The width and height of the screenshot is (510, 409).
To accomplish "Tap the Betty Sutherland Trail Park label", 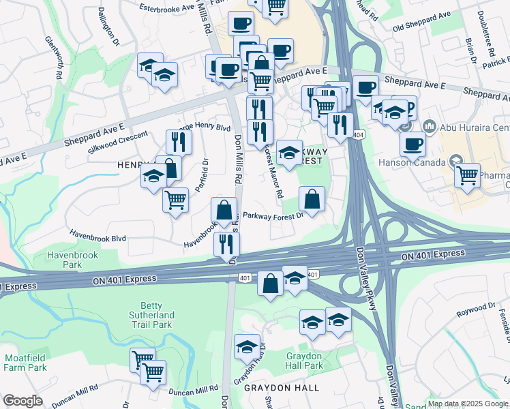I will click(152, 315).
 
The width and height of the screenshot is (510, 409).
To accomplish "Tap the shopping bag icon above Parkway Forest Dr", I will click(312, 200).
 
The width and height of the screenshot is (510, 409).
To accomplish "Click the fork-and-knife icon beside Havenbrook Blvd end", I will click(226, 244).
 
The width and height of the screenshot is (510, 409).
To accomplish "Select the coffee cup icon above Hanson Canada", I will click(412, 145).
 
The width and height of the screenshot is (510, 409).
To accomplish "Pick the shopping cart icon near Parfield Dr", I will click(175, 200).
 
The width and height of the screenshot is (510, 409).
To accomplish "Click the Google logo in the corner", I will click(22, 401).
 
